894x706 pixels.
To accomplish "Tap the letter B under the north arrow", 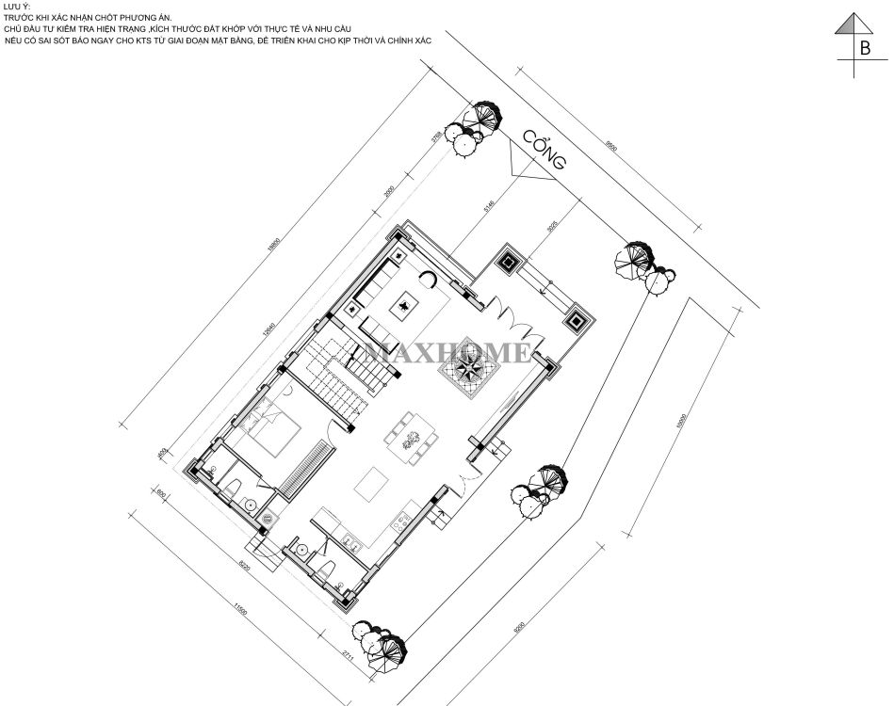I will pos(864,49).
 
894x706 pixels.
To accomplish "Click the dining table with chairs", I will pos(411,439).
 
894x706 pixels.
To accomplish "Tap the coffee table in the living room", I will pos(406,305).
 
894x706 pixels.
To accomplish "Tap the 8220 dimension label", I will pos(245,568).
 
